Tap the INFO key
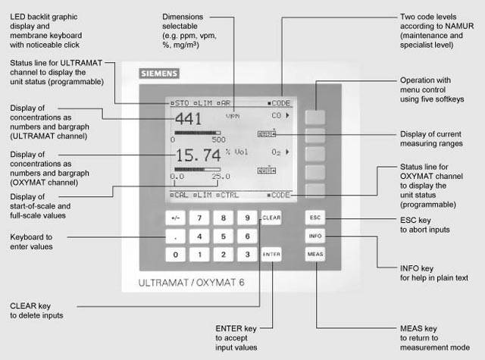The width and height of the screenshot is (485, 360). (315, 236)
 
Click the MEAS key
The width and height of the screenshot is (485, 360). (315, 255)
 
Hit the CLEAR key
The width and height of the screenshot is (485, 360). (271, 218)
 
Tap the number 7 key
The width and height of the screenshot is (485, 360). (199, 218)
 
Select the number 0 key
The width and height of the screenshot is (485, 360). (176, 255)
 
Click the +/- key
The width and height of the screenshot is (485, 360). (176, 218)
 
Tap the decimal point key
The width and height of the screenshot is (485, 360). (176, 236)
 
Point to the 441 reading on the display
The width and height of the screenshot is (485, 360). (188, 119)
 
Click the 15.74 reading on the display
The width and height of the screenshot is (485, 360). (195, 155)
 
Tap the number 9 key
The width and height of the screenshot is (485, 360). (247, 218)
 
